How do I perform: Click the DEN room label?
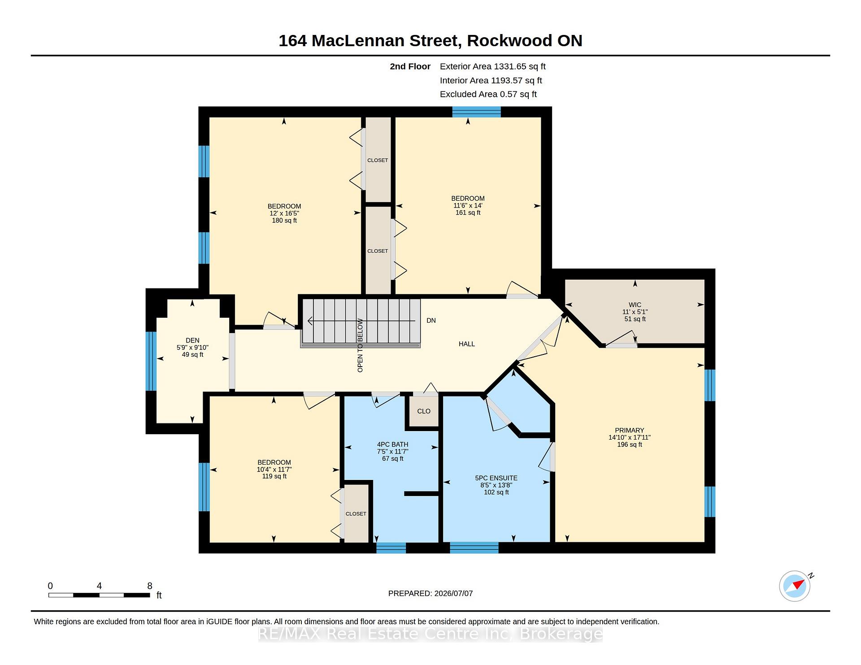point(192,341)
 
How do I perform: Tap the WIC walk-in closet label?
point(635,305)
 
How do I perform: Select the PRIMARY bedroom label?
point(630,430)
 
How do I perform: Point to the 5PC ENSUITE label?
point(496,478)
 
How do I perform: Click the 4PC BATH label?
point(393,445)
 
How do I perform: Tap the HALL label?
point(467,344)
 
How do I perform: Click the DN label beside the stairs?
point(431,320)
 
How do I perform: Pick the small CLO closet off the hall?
point(424,411)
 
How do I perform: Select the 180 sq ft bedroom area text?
point(284,220)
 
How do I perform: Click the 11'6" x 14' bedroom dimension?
point(468,206)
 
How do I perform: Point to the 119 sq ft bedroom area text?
point(274,476)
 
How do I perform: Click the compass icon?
point(795,586)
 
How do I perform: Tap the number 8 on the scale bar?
point(150,586)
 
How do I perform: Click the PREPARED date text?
point(430,593)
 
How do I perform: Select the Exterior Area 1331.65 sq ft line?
point(492,66)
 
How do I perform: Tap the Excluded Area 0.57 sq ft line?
point(488,94)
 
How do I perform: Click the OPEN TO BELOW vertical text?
point(360,345)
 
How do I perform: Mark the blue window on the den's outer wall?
point(151,361)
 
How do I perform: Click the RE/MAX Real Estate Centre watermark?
point(430,634)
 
